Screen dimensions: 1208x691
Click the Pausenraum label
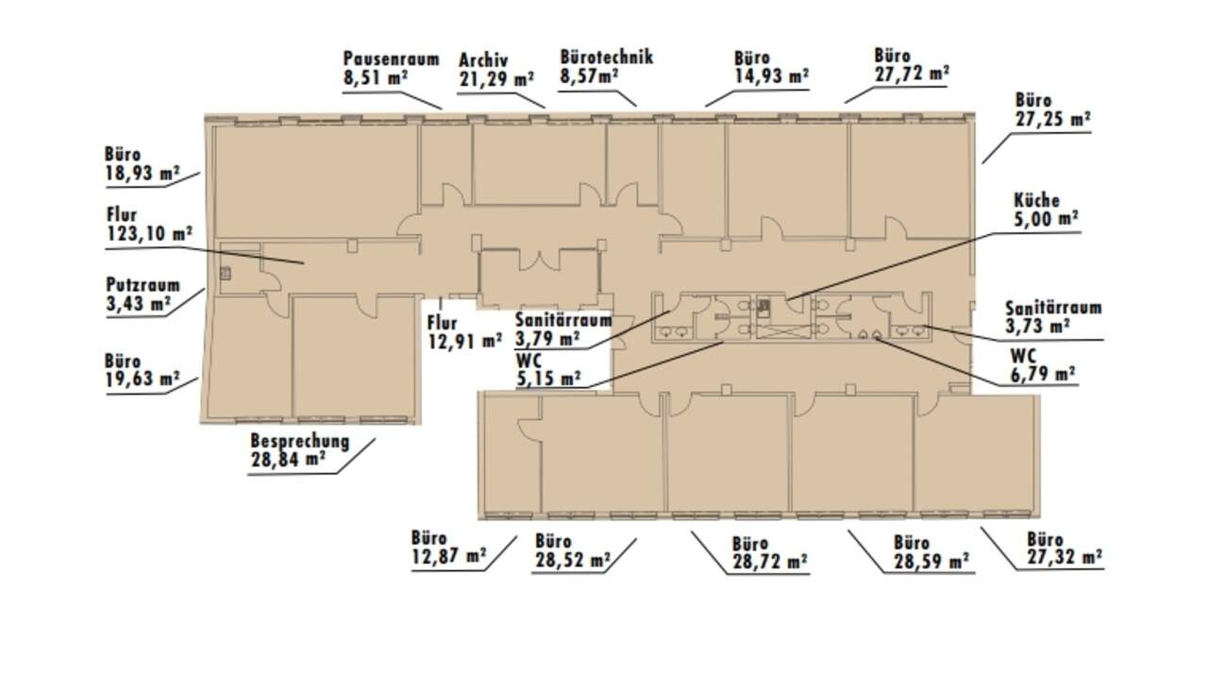coord(392,59)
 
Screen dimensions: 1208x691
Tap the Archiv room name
coord(483,59)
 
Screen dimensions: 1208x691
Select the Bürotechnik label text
coord(607,57)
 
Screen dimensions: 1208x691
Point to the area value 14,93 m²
coord(771,76)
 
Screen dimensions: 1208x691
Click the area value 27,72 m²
coord(912,74)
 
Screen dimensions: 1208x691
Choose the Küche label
coord(1036,201)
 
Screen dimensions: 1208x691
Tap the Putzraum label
coord(143,285)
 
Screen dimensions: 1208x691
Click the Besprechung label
coord(300,441)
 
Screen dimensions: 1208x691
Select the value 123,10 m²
coord(149,233)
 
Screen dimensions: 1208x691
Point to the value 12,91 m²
coord(465,342)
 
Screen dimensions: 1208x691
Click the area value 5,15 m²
coord(548,379)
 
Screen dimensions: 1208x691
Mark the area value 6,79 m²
coord(1043,374)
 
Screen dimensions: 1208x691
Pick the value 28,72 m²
coord(770,562)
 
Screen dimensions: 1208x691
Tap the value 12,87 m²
coord(448,556)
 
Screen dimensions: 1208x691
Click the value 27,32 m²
coord(1065,557)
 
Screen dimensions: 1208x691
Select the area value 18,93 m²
coord(143,173)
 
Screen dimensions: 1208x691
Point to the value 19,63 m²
coord(143,379)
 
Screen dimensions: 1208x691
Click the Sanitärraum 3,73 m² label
coord(1053,316)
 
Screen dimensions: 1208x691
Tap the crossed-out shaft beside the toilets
coord(782,329)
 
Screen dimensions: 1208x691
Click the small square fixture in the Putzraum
coord(226,274)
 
